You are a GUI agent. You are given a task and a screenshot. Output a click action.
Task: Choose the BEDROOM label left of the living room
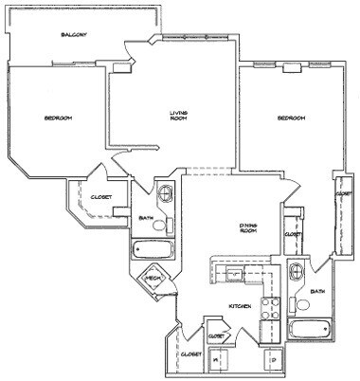click(59, 118)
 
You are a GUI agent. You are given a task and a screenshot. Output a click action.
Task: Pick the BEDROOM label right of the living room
click(291, 118)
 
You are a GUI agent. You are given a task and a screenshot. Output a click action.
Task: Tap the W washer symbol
click(215, 360)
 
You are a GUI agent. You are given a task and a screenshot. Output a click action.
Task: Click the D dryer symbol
click(274, 360)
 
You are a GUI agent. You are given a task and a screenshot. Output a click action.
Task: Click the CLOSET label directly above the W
click(216, 335)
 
